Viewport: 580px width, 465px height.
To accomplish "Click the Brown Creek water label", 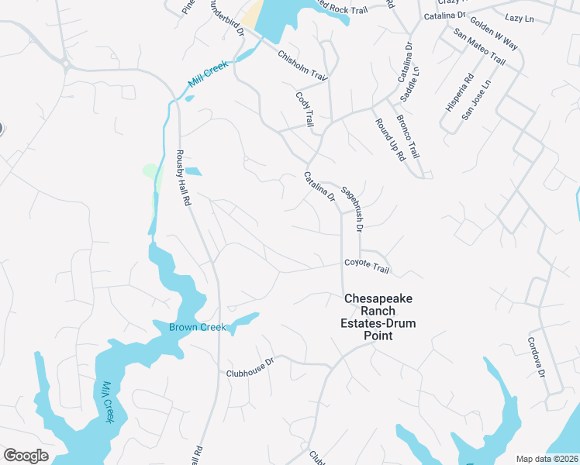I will tap(198, 327).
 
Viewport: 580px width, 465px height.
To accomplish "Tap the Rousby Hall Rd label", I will tap(184, 177).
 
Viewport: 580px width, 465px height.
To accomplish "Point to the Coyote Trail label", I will tap(367, 267).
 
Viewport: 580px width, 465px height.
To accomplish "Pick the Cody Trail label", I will tap(305, 109).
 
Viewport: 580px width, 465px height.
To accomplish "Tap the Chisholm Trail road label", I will tap(303, 66).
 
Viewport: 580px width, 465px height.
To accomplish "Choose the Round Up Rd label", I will tap(390, 139).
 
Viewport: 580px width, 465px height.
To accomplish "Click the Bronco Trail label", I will tap(408, 135).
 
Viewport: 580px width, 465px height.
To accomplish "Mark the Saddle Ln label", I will tap(409, 84).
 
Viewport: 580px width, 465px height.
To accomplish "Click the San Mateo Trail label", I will tap(479, 47).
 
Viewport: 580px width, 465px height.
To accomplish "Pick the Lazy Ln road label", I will tap(520, 17).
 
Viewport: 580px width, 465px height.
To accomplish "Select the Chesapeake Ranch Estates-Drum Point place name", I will tap(378, 317).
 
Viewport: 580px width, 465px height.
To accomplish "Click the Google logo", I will tap(26, 456).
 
